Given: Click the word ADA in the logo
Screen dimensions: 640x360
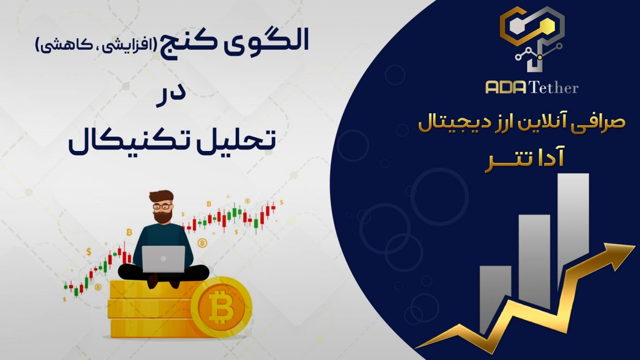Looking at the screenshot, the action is (506, 88).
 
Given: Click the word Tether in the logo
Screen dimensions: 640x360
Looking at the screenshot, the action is (554, 88).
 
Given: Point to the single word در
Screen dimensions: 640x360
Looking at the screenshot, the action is (171, 96).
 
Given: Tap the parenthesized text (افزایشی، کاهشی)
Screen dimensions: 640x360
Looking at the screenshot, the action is (96, 44).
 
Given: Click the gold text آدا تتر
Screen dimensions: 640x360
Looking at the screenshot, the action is (525, 159).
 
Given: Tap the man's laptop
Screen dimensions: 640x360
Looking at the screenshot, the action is (163, 259).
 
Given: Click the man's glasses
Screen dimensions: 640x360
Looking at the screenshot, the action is (162, 206).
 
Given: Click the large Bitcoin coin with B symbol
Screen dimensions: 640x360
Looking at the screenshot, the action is (221, 307).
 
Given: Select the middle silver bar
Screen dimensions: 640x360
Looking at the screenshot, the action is (534, 257).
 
